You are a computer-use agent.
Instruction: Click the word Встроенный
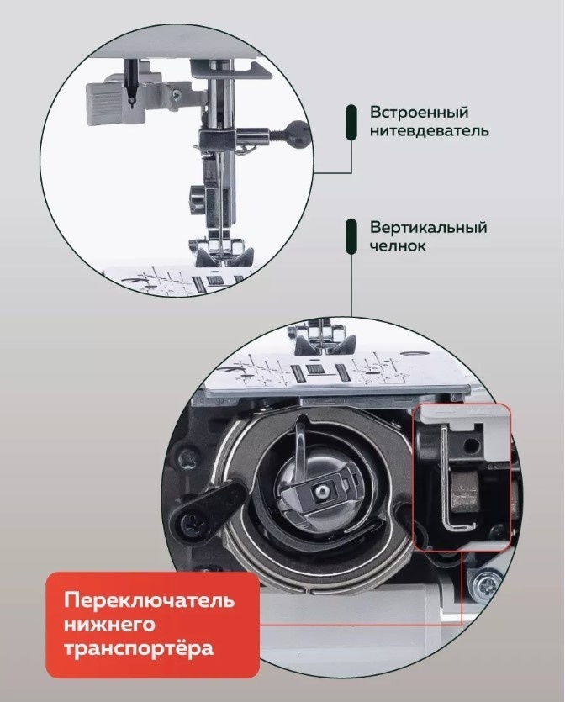click(419, 112)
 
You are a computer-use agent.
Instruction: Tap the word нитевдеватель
click(429, 131)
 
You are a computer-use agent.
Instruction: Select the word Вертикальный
click(428, 228)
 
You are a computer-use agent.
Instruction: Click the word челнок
click(398, 246)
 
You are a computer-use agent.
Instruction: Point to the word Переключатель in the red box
click(149, 600)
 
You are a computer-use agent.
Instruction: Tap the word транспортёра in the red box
click(139, 649)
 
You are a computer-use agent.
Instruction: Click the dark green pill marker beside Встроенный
click(351, 122)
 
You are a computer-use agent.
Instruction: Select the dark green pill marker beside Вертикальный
click(351, 236)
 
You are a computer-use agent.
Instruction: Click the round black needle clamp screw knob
click(298, 133)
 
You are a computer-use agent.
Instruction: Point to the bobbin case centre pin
click(319, 491)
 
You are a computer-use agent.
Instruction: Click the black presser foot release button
click(194, 198)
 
